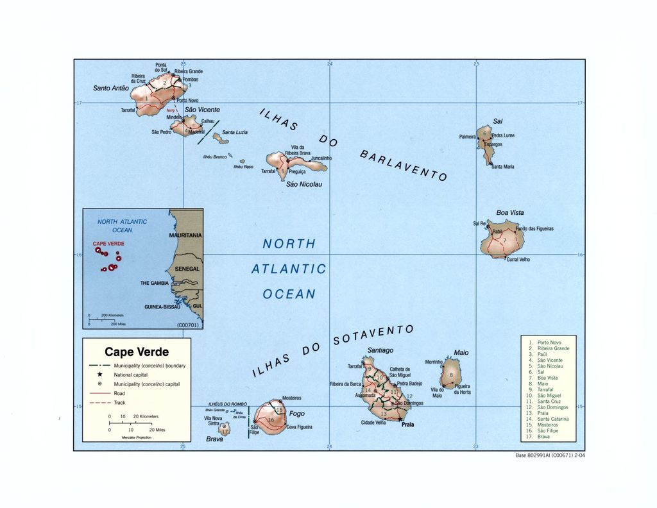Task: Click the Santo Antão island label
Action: click(x=111, y=88)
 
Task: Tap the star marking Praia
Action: click(x=400, y=419)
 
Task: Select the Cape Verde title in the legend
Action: click(x=137, y=352)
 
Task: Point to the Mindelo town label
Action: click(x=174, y=117)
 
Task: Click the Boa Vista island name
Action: click(x=510, y=213)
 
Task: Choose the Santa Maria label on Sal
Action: click(x=503, y=167)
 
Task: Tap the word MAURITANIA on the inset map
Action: click(x=185, y=235)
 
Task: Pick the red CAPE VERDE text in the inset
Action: click(x=108, y=244)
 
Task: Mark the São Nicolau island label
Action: click(x=304, y=185)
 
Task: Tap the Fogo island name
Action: click(x=297, y=414)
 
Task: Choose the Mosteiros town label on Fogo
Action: click(x=292, y=399)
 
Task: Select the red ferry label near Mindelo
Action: click(x=170, y=110)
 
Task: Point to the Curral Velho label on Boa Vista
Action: click(x=518, y=259)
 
